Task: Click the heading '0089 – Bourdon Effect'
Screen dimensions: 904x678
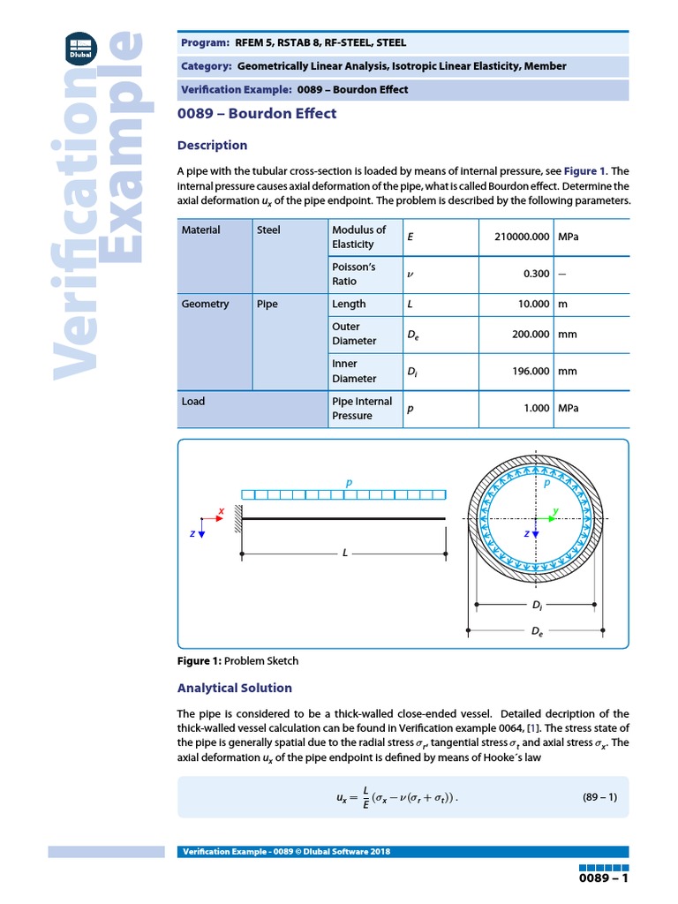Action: click(257, 114)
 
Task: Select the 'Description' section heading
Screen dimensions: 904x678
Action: click(212, 145)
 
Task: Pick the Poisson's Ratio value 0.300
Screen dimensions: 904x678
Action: click(536, 274)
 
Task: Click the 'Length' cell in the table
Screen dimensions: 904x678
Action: click(349, 304)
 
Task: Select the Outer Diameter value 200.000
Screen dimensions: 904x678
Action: click(531, 335)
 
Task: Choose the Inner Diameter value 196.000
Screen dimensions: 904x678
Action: click(531, 372)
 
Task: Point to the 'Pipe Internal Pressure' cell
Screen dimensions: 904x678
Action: click(361, 409)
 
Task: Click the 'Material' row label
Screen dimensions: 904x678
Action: click(200, 230)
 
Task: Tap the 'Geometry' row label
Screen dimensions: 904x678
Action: click(205, 304)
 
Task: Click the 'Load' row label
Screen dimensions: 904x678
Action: click(192, 402)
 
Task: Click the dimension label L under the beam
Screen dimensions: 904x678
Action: click(345, 553)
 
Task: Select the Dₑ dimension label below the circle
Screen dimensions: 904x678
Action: click(535, 633)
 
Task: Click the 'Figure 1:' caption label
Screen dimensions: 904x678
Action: click(200, 660)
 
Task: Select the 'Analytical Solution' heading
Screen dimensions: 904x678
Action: click(234, 688)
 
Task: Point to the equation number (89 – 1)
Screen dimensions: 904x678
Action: click(599, 797)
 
